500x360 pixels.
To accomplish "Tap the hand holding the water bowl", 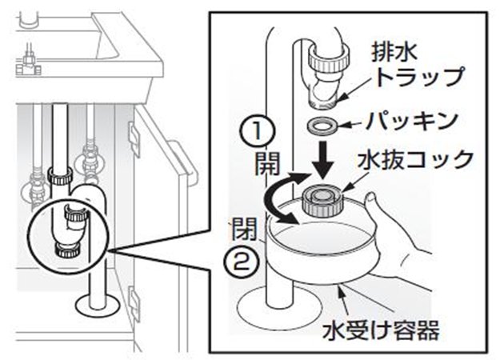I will [x=400, y=240].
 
